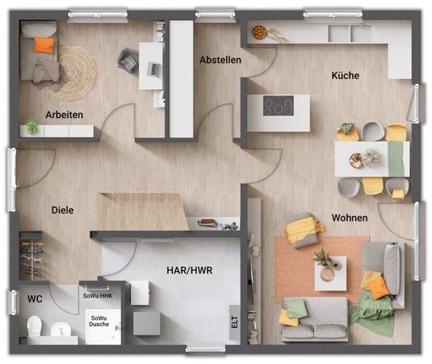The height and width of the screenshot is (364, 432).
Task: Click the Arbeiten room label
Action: pos(64,115)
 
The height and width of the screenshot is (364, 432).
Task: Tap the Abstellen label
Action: pos(220,60)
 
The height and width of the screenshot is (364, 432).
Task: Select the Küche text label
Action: pos(346,75)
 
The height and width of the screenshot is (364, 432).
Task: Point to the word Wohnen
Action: pos(350,218)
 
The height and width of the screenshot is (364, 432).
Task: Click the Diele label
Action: pos(62,210)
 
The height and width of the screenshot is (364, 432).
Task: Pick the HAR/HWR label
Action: pos(190,270)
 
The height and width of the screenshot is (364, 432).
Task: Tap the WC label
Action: pos(35,298)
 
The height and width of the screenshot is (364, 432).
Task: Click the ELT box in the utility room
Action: pos(234,322)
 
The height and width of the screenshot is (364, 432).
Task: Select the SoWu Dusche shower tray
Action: pos(103,327)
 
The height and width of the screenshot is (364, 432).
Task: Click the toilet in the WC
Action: pos(35,326)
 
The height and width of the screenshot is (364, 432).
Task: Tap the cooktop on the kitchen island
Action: pos(279,105)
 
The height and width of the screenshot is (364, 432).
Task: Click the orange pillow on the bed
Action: pos(44,45)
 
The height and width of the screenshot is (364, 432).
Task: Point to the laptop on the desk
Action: pos(153,69)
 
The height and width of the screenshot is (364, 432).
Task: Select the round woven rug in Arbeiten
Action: pos(75,72)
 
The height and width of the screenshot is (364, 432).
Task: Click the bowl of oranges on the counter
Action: pos(259,32)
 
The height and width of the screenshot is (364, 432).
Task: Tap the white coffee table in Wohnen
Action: pos(330,273)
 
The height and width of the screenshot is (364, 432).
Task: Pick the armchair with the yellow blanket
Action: pos(302,230)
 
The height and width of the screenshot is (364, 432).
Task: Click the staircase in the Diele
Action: pos(143,211)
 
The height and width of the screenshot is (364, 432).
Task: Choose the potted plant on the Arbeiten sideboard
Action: pos(31,127)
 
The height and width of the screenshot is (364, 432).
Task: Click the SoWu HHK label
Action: pos(98,296)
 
